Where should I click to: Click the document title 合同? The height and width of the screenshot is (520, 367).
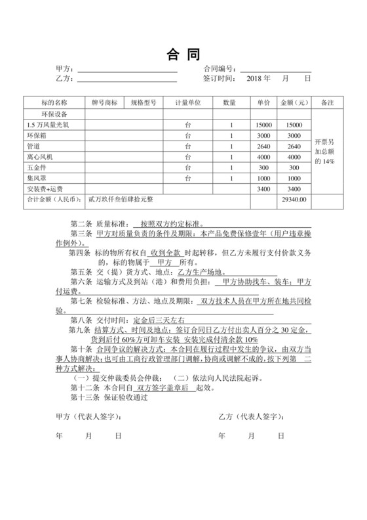[x=183, y=53]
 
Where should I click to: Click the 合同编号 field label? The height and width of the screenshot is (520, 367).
[x=218, y=69]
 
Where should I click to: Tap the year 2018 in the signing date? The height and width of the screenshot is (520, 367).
[x=253, y=79]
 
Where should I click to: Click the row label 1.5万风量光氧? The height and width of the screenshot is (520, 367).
[x=47, y=125]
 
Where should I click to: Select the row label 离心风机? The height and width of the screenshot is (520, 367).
[x=39, y=157]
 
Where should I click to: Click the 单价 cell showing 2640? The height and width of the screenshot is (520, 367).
[x=263, y=146]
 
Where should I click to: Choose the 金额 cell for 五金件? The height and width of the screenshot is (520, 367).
[x=294, y=167]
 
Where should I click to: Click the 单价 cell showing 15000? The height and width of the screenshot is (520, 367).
[x=263, y=125]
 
